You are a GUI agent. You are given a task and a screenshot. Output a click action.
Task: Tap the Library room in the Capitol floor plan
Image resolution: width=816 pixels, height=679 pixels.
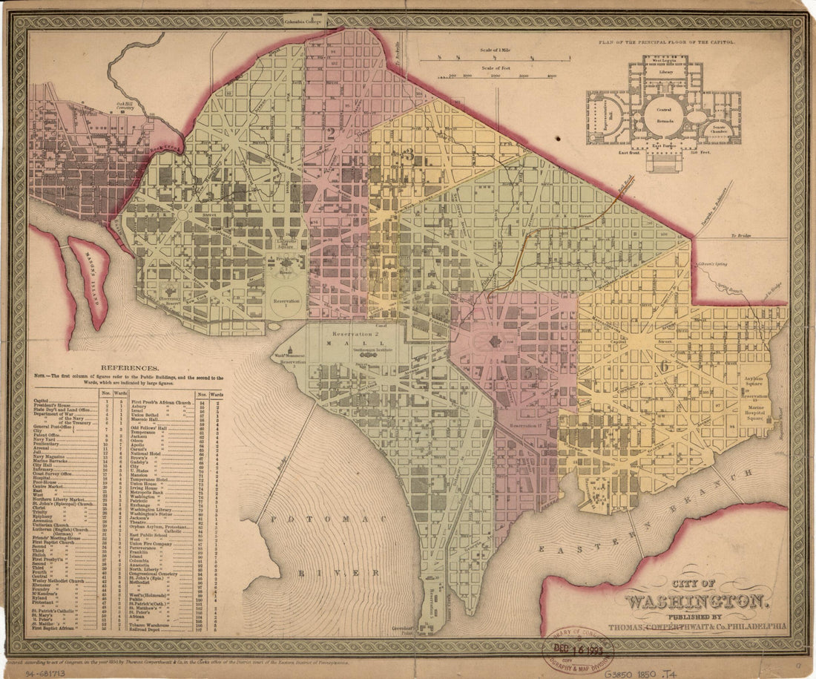[665, 72]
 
